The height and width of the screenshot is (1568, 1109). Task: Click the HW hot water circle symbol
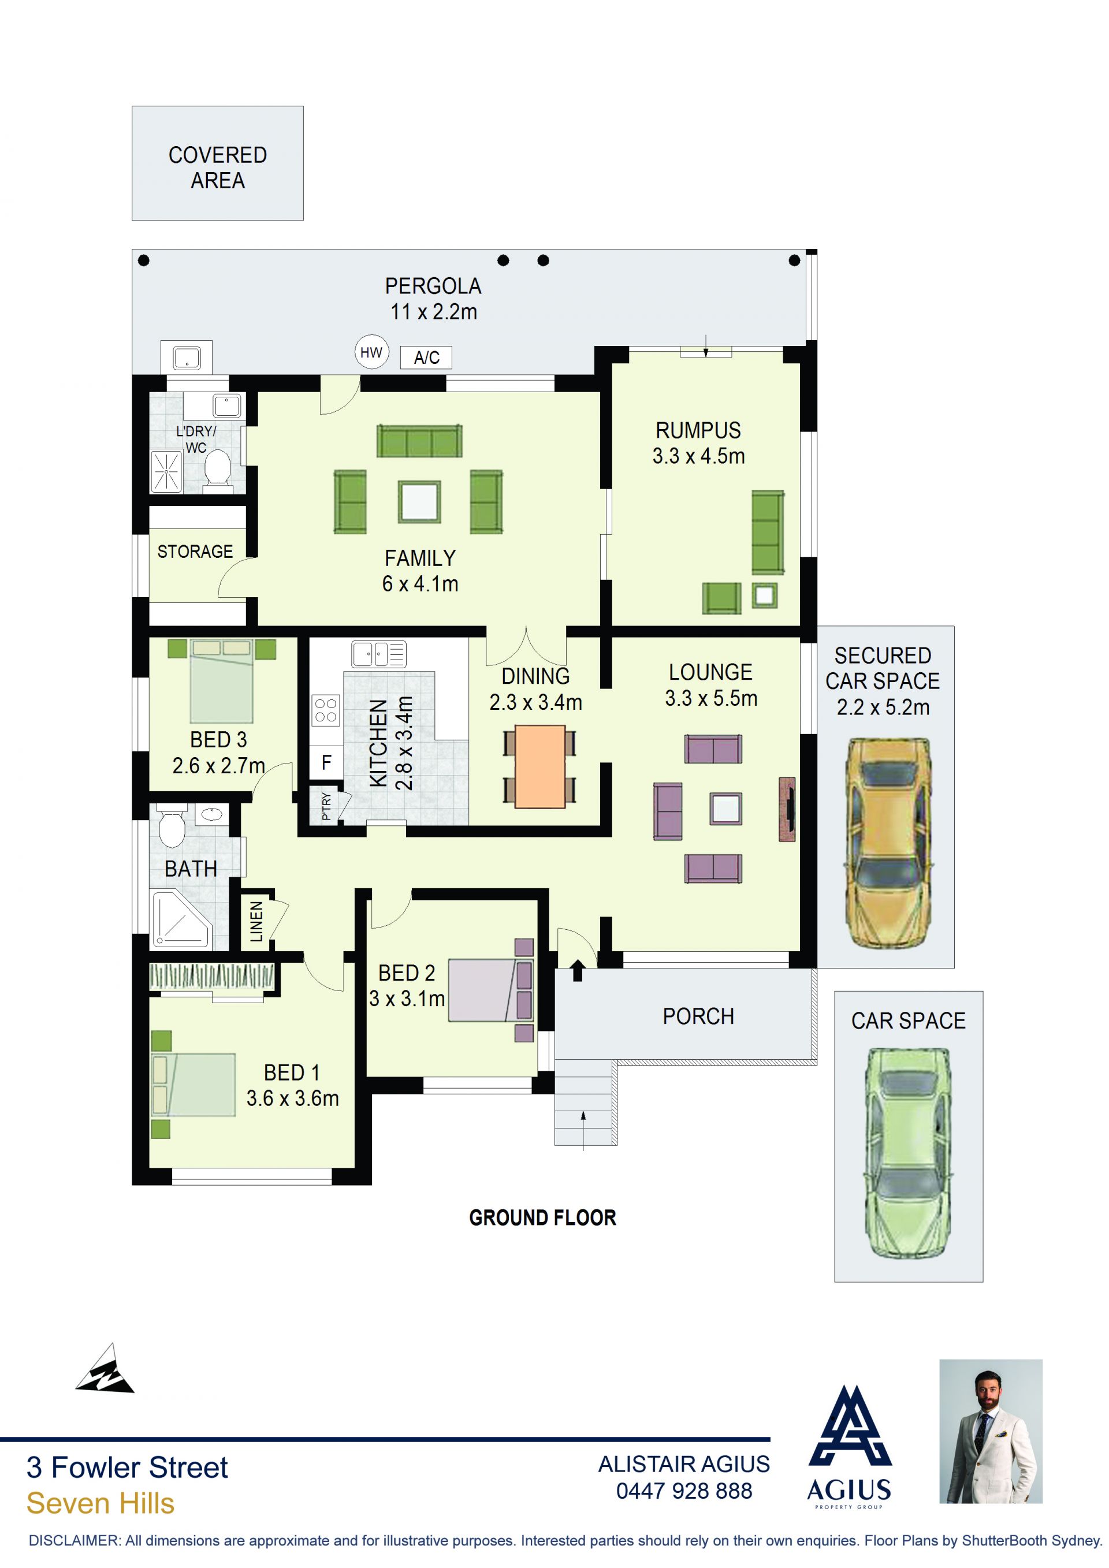pos(371,352)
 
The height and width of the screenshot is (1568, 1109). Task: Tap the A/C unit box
pos(426,357)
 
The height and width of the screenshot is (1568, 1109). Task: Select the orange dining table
pos(540,767)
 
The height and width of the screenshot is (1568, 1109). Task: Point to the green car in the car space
pos(908,1153)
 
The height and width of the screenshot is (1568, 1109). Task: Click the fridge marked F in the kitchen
pos(326,763)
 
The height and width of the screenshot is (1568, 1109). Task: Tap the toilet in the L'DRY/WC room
pos(218,469)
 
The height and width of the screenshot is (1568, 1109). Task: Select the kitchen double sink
pos(378,654)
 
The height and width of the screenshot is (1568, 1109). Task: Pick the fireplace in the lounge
pos(787,809)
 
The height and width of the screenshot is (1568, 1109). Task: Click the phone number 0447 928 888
pos(684,1491)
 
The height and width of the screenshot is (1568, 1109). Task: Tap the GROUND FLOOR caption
pos(542,1217)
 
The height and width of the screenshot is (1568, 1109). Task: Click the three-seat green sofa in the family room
pos(419,441)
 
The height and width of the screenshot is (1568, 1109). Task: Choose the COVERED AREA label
pos(218,168)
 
